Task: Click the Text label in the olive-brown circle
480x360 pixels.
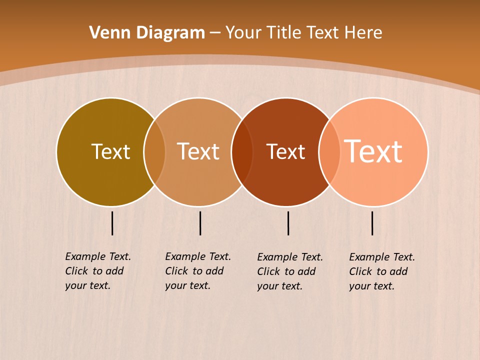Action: point(110,151)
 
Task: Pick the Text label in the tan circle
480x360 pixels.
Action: point(198,151)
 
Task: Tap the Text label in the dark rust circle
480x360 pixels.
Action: point(285,151)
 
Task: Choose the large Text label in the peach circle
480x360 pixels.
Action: point(373,151)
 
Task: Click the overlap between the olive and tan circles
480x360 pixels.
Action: point(154,152)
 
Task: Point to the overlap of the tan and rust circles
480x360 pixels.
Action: point(242,152)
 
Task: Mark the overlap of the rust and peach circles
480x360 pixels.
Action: point(329,152)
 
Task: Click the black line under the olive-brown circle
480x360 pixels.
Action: point(112,223)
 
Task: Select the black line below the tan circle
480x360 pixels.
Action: point(200,223)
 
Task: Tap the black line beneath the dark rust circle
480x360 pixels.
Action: point(288,223)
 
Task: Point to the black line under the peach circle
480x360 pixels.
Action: point(372,223)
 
